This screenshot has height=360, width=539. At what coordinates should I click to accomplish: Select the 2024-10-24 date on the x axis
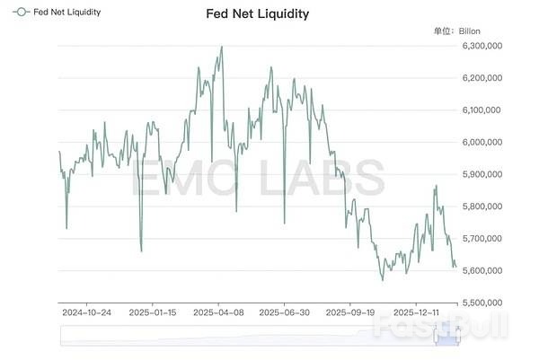[x=87, y=313]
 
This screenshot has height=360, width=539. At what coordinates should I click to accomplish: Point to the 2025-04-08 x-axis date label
[x=219, y=313]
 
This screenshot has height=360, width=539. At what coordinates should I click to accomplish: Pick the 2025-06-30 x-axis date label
[x=284, y=313]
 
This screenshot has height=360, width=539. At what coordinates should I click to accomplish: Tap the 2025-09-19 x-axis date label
[x=348, y=313]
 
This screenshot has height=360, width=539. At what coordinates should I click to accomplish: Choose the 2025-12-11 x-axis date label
[x=412, y=313]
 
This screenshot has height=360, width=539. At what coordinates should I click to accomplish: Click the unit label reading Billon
[x=470, y=31]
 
